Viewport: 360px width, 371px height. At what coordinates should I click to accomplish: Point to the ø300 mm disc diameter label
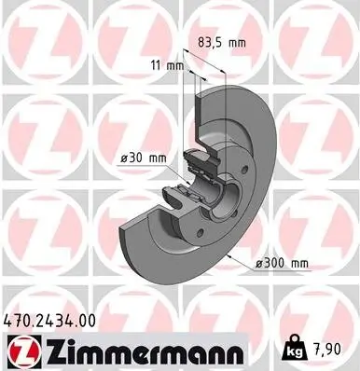point(283,265)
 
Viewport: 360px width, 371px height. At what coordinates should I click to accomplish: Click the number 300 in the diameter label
point(277,265)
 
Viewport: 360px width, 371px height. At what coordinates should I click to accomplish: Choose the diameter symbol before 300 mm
point(259,265)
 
